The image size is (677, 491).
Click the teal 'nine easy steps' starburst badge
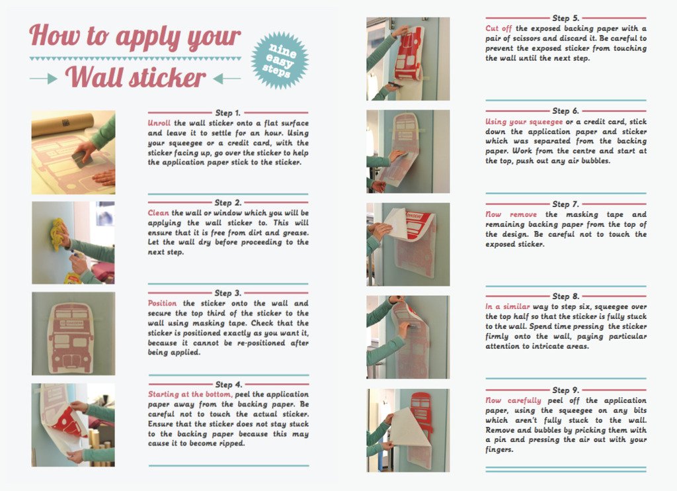pos(280,60)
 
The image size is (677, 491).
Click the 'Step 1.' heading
pos(228,112)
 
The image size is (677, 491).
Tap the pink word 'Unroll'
pos(159,123)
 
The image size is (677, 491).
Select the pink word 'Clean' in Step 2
pos(159,212)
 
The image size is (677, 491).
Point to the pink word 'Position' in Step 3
pos(163,303)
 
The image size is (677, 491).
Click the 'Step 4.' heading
pos(229,384)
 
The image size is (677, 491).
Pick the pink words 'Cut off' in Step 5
pos(498,28)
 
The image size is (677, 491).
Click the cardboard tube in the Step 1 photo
pos(63,124)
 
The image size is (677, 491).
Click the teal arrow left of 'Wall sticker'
pos(44,79)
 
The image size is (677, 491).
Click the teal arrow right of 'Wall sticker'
pos(227,79)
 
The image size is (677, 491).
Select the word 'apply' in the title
pos(145,37)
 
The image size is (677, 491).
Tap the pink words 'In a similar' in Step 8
pos(507,306)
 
